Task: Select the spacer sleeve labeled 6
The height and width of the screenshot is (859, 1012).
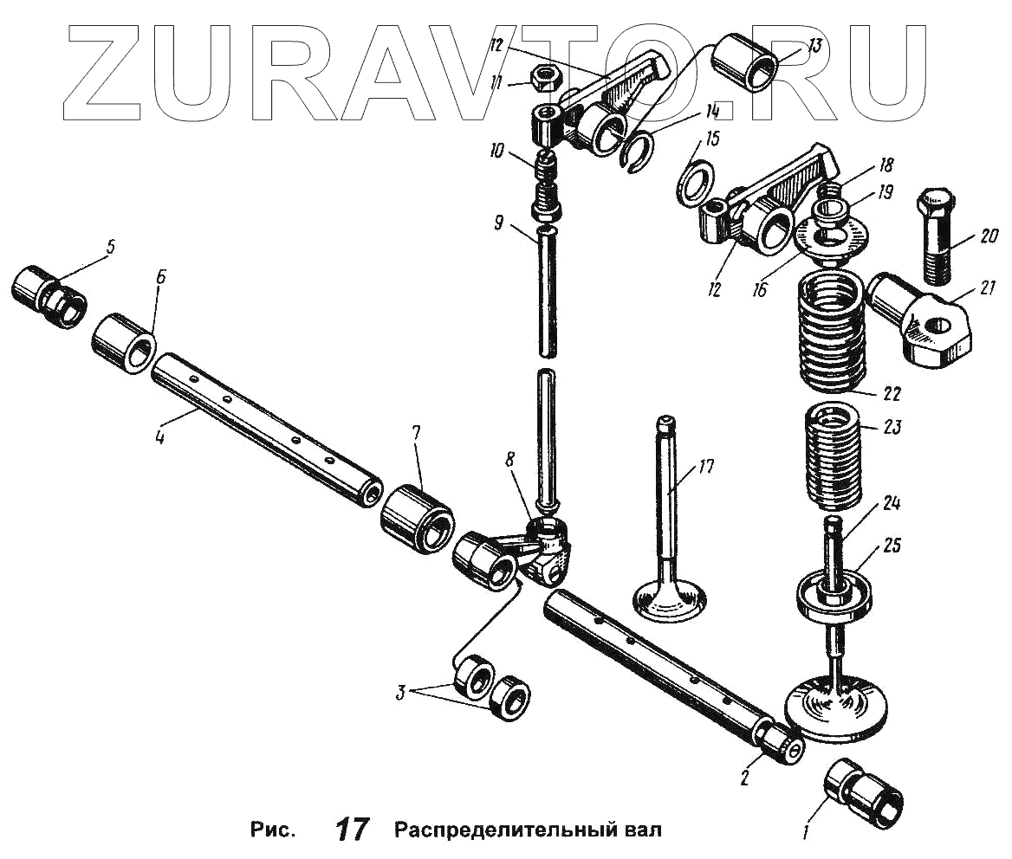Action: pyautogui.click(x=123, y=343)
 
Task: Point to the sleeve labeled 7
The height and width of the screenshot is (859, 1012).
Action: pyautogui.click(x=418, y=519)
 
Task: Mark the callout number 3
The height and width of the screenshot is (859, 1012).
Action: pyautogui.click(x=400, y=693)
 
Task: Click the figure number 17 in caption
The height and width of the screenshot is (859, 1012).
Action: pyautogui.click(x=352, y=830)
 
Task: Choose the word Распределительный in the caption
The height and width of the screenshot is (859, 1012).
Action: pyautogui.click(x=503, y=830)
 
